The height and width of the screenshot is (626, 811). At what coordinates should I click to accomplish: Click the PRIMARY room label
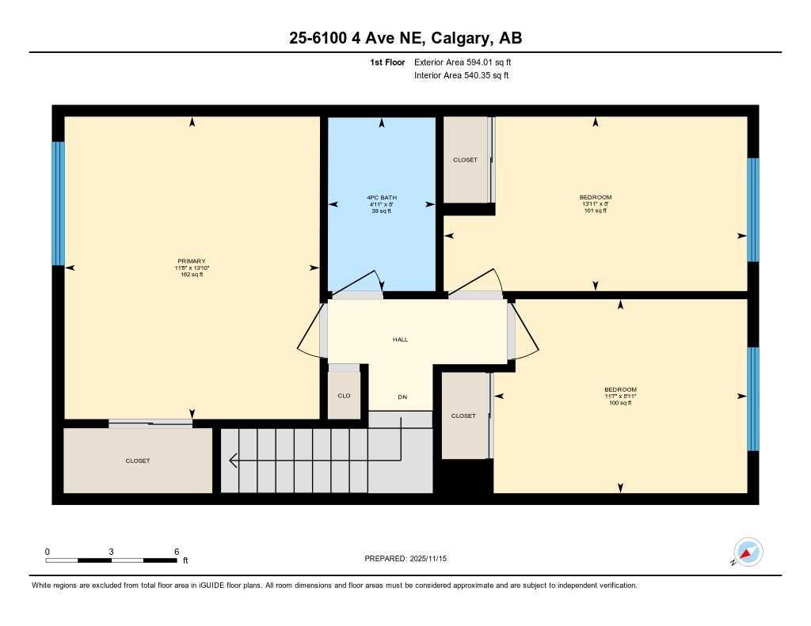click(192, 261)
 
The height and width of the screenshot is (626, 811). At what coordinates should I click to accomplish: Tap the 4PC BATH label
click(382, 197)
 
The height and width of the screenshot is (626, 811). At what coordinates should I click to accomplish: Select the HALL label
click(400, 340)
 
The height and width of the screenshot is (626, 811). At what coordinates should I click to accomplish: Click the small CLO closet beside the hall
click(344, 396)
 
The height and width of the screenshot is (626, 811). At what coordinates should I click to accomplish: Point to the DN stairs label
click(402, 396)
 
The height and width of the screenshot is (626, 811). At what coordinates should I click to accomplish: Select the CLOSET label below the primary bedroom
click(137, 461)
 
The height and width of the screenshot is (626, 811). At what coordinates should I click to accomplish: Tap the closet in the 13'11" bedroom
click(465, 160)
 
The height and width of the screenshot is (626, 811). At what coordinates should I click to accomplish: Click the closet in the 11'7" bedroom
click(463, 415)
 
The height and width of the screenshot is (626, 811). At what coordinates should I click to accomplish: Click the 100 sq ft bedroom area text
click(620, 403)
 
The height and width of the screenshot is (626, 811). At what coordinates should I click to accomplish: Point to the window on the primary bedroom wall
click(58, 203)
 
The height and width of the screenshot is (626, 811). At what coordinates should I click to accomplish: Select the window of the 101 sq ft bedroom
click(752, 209)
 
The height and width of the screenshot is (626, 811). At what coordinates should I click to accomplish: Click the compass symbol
click(747, 552)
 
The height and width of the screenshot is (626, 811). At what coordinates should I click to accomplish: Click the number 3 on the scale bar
click(112, 552)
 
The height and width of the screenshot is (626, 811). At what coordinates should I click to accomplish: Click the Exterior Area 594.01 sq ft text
click(468, 62)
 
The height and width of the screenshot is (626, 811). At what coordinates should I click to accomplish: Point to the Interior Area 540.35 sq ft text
click(461, 76)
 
